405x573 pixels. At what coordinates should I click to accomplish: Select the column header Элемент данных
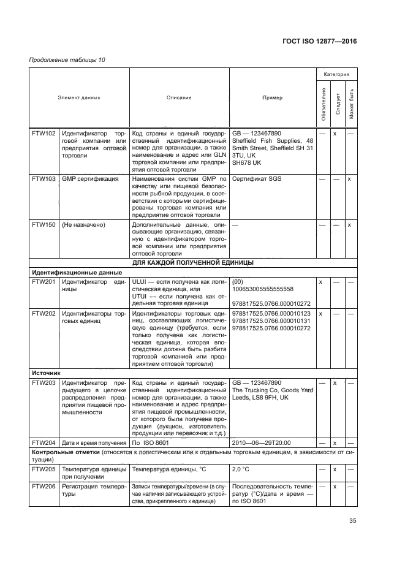click(x=79, y=97)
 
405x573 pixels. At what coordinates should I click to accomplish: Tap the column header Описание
click(x=179, y=97)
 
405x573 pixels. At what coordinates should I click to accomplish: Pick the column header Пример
click(x=272, y=97)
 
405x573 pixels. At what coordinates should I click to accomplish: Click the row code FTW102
click(x=44, y=133)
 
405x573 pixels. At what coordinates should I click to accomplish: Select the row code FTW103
click(x=44, y=179)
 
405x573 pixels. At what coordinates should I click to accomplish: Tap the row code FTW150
click(x=44, y=225)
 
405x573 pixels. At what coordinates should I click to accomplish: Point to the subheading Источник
click(x=47, y=371)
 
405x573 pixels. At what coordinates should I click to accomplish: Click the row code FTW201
click(x=44, y=281)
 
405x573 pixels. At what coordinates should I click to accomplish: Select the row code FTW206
click(x=44, y=486)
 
